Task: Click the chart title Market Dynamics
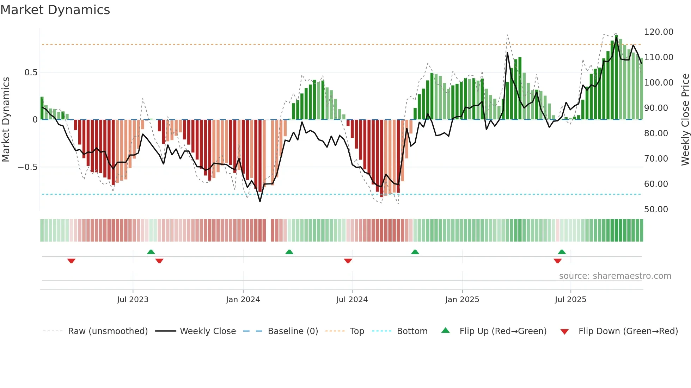pos(55,10)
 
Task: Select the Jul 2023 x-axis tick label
pos(133,300)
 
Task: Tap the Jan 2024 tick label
pos(243,300)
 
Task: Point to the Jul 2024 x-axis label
pos(352,300)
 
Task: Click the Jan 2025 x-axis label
pos(462,300)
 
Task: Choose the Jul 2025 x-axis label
pos(570,300)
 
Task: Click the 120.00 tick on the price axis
pos(659,32)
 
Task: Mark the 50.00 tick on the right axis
pos(656,209)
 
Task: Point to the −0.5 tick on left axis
pos(27,167)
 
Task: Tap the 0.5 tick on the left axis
pos(31,73)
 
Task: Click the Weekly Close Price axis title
pos(685,119)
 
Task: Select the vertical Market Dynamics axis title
pos(6,119)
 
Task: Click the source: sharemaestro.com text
pos(615,276)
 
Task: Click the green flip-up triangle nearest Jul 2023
pos(151,252)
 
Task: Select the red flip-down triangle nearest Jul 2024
pos(348,261)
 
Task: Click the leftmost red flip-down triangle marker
pos(71,261)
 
